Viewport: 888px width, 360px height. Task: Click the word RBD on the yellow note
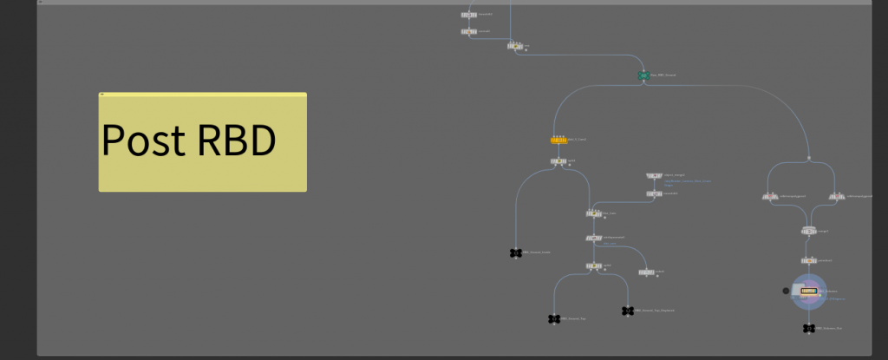tap(237, 141)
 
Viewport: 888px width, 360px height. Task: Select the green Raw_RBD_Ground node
tap(643, 76)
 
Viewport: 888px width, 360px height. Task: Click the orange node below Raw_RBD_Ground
tap(559, 139)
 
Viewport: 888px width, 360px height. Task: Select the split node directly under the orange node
tap(558, 161)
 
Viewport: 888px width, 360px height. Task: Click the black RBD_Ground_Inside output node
tap(516, 253)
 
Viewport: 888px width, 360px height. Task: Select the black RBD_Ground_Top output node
tap(553, 319)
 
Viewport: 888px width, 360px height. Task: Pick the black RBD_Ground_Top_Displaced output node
tap(628, 311)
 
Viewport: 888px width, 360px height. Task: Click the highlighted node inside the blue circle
tap(809, 291)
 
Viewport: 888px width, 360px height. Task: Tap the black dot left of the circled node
tap(786, 291)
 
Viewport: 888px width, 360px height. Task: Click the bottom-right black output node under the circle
tap(808, 329)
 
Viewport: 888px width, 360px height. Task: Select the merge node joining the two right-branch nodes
tap(808, 231)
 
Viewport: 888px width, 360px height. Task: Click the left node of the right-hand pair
tap(770, 197)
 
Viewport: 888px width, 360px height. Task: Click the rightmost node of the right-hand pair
tap(838, 197)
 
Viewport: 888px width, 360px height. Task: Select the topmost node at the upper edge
tap(469, 15)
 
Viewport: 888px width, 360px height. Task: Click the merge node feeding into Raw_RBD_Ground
tap(515, 45)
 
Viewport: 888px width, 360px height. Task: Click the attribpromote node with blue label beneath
tap(595, 237)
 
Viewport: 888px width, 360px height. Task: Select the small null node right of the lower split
tap(646, 272)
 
